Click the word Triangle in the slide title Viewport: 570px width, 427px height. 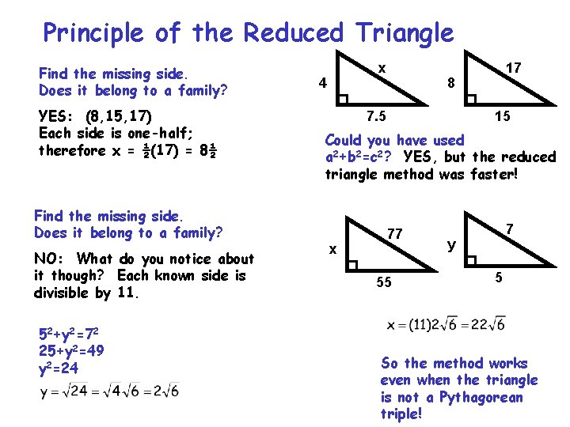405,33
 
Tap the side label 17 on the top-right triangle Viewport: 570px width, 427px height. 513,68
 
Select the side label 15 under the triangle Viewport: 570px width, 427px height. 502,117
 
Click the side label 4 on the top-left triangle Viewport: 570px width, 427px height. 321,82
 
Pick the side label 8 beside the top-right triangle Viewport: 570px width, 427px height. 450,82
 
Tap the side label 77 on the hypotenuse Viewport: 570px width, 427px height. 395,233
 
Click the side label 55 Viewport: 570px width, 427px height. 383,282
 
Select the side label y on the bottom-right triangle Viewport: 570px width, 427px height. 451,245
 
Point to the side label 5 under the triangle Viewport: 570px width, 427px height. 498,278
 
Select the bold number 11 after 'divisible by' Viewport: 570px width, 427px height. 123,293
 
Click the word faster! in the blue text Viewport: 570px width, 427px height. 492,173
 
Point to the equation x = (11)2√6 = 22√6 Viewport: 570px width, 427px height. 445,324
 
